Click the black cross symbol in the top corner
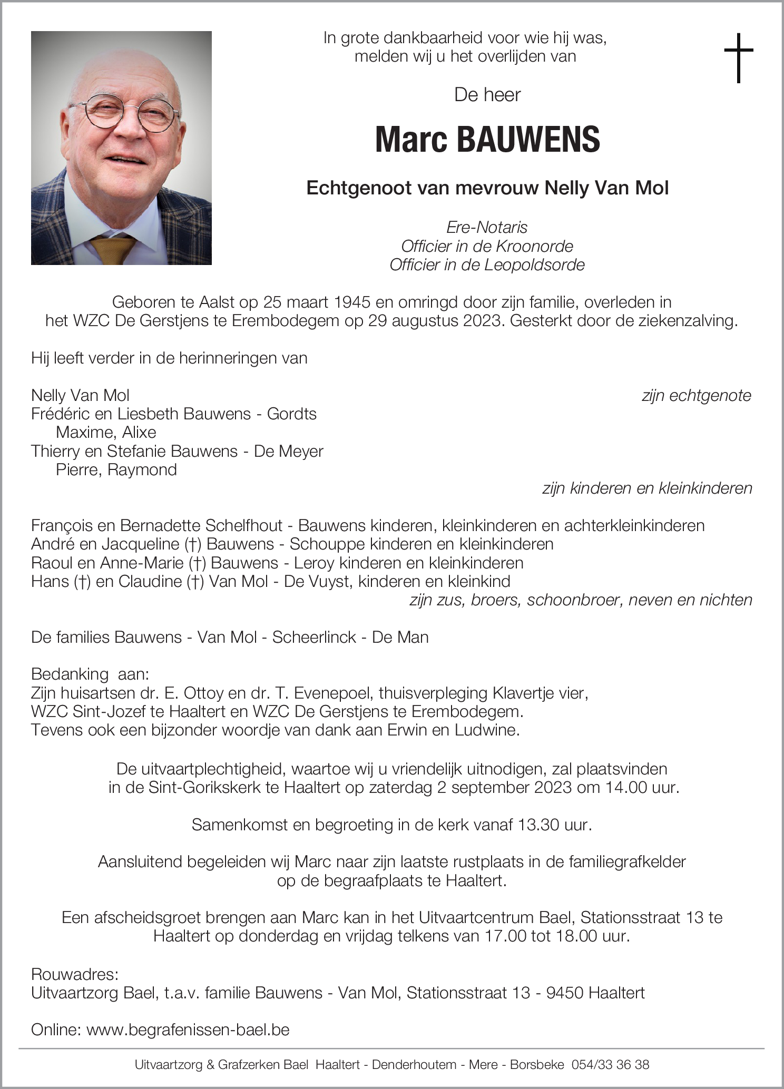(x=739, y=57)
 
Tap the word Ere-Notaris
(x=487, y=228)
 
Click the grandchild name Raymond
(x=142, y=470)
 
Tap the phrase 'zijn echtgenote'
(x=696, y=396)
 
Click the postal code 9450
(x=565, y=993)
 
